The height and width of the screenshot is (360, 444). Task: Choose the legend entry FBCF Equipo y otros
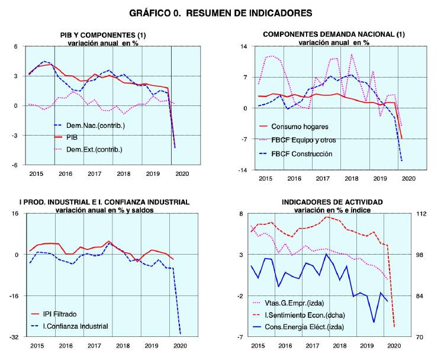tap(309, 140)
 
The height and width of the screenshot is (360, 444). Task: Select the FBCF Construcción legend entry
tap(307, 154)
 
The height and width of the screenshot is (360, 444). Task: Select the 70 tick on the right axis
tap(417, 337)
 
